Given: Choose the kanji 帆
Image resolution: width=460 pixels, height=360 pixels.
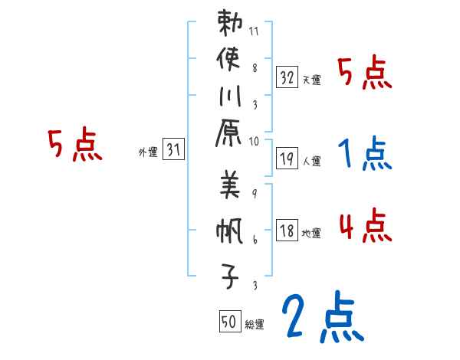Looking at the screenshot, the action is pyautogui.click(x=230, y=232).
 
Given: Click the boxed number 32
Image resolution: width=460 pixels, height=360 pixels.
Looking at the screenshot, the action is pyautogui.click(x=287, y=77).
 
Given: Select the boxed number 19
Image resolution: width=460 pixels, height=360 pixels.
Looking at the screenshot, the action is pyautogui.click(x=287, y=159).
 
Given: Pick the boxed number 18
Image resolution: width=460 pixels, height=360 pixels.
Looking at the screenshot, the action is pyautogui.click(x=287, y=231).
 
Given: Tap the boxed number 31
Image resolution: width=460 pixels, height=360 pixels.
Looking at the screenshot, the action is pyautogui.click(x=173, y=150).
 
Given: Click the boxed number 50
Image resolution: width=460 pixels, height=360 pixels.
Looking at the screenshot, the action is pyautogui.click(x=228, y=322).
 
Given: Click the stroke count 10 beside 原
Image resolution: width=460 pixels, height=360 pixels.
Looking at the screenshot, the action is pyautogui.click(x=255, y=141).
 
